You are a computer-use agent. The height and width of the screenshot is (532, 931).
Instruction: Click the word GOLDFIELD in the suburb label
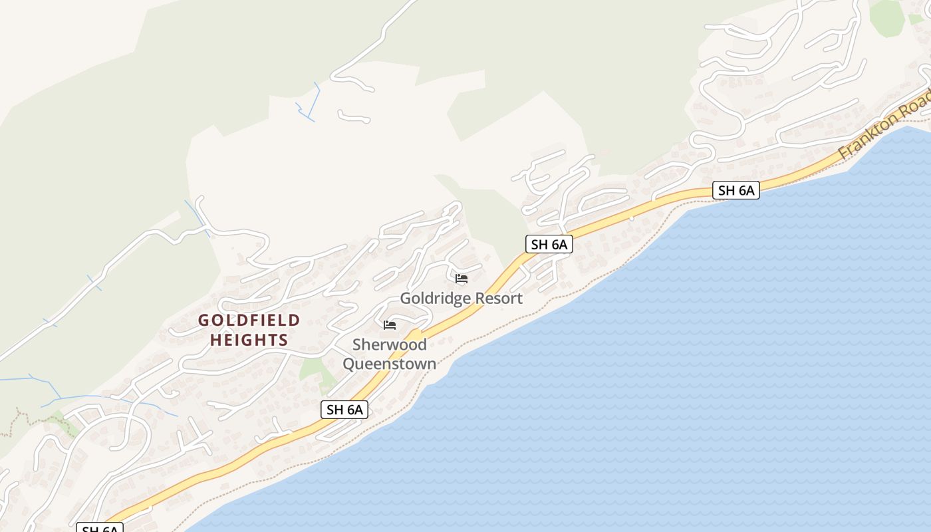click(249, 321)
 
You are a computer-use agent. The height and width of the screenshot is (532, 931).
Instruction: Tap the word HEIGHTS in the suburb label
click(249, 340)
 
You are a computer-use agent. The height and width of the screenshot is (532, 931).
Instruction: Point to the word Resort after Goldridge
click(495, 299)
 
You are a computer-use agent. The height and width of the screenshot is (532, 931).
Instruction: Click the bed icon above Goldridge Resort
click(462, 278)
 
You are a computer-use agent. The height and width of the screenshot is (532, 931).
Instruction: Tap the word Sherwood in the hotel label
click(390, 344)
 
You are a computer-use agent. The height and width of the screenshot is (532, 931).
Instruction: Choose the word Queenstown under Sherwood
click(390, 364)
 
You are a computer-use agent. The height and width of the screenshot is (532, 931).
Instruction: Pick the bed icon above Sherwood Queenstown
click(390, 325)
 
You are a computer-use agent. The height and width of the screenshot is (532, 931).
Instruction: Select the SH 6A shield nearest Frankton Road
click(736, 190)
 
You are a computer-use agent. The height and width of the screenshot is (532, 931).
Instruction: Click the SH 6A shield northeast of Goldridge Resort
click(549, 244)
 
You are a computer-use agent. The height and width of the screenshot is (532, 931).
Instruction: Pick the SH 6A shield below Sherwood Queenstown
click(344, 410)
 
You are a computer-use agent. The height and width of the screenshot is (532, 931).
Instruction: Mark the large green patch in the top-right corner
click(888, 17)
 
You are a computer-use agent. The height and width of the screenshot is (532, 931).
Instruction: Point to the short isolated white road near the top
click(354, 118)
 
